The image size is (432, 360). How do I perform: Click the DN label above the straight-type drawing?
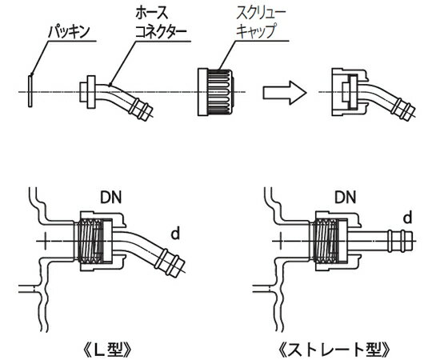(323, 196)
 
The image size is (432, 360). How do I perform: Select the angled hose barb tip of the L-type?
(170, 262)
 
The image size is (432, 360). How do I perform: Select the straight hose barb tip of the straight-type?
(401, 238)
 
